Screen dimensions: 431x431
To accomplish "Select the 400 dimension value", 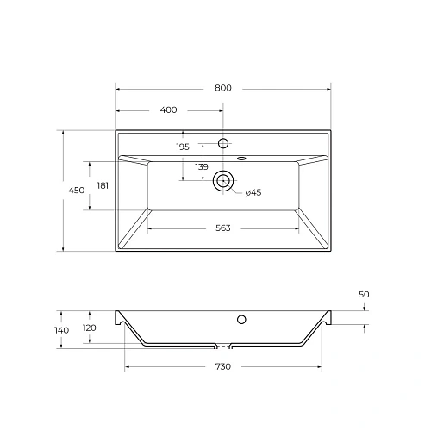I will click(x=168, y=110).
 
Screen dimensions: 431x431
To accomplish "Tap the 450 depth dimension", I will click(x=76, y=191).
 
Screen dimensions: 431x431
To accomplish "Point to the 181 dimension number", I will click(x=103, y=185).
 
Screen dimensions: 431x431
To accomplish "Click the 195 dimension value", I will click(x=182, y=147).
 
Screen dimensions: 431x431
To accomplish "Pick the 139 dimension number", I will click(x=201, y=166).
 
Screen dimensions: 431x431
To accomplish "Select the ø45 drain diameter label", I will click(x=253, y=192).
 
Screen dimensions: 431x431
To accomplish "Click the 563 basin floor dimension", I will click(x=222, y=228).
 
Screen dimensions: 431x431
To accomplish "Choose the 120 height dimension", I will click(x=89, y=328).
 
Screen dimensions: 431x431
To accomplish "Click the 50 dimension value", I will click(x=363, y=295).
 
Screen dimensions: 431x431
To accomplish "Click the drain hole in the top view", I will click(x=223, y=181).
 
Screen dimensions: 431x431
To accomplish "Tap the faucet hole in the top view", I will click(x=223, y=142).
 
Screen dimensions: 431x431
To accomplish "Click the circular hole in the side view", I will click(x=242, y=321).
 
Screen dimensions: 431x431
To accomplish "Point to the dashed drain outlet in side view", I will click(x=223, y=347).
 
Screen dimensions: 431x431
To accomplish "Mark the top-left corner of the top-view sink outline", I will click(x=116, y=131).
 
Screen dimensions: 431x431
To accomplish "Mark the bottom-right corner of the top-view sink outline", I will click(x=330, y=251).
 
